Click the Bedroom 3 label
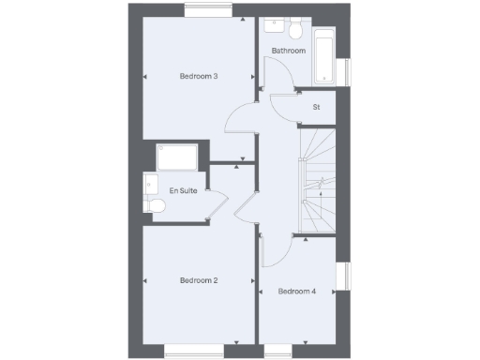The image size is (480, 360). point(199,76)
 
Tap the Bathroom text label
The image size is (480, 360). point(289,51)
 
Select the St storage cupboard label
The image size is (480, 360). point(316,107)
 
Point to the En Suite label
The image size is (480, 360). point(183,190)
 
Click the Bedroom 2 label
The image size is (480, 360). point(199,280)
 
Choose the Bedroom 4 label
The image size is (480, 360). point(296,292)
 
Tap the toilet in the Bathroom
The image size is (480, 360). point(294,26)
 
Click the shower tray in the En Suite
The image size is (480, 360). point(176,157)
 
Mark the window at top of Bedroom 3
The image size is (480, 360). point(208,11)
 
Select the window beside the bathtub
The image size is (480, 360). point(343,72)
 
